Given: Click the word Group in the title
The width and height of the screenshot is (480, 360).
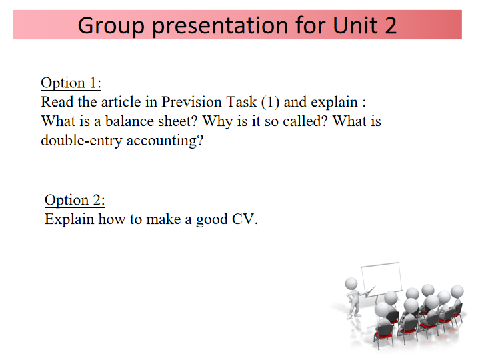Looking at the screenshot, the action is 111,26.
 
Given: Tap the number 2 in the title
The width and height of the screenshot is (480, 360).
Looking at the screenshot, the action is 391,25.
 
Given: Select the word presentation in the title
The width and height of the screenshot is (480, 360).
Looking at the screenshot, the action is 220,26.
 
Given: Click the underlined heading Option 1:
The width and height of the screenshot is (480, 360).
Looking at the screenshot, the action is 71,83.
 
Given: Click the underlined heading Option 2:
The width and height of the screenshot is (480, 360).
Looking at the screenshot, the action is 75,201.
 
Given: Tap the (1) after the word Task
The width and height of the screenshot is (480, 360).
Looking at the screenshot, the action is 270,102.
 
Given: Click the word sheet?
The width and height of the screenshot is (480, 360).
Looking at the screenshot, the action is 178,121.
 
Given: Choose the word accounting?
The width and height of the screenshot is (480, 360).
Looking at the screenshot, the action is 165,141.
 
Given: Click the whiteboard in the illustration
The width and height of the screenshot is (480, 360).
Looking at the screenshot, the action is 381,278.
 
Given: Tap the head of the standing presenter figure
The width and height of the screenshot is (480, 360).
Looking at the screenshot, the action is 351,283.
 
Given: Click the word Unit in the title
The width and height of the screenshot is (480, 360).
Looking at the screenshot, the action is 355,25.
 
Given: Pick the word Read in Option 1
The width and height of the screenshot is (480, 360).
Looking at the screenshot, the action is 57,102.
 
